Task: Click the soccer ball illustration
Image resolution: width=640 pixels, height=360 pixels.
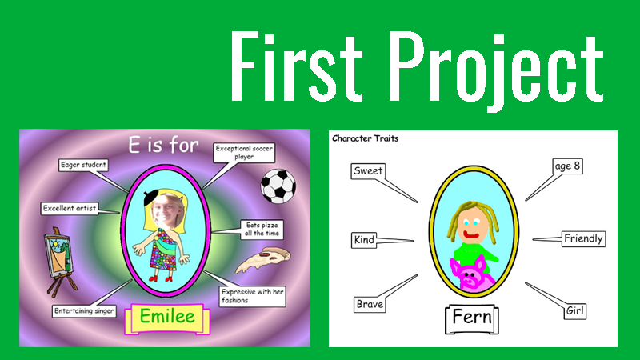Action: [278, 186]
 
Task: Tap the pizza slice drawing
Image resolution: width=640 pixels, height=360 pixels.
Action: [263, 259]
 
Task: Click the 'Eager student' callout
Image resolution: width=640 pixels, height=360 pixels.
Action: [83, 165]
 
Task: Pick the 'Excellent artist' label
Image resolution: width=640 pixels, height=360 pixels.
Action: [70, 208]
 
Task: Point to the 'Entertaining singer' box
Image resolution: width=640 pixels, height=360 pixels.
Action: [84, 311]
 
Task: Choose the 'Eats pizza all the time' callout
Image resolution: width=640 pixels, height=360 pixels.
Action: [262, 230]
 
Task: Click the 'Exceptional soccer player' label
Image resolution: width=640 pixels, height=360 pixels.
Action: [244, 153]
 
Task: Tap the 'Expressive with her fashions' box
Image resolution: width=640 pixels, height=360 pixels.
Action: [252, 296]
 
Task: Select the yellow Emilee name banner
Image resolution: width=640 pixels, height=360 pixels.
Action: [167, 318]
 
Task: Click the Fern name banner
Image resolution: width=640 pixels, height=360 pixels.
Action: [472, 318]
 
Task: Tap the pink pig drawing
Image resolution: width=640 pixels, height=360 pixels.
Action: [470, 274]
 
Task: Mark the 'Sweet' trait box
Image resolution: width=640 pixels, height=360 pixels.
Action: [368, 171]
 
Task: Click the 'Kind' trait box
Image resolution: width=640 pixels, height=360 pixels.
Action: [364, 240]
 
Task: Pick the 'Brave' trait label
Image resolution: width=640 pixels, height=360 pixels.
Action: [370, 305]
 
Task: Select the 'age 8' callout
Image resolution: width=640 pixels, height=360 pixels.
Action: [567, 166]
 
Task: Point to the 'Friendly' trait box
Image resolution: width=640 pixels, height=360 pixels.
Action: [583, 238]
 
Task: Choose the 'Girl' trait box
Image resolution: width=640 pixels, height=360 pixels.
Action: [575, 311]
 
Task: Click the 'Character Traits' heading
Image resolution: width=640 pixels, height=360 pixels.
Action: [366, 138]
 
